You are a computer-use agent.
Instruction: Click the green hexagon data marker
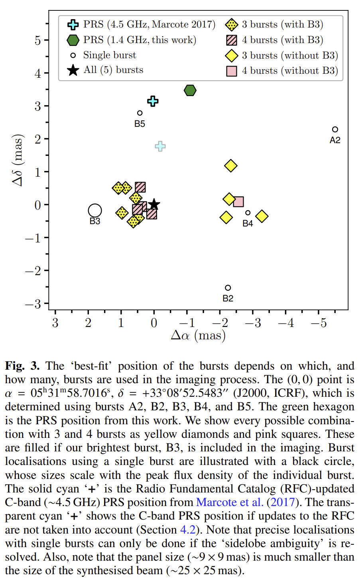click(x=190, y=91)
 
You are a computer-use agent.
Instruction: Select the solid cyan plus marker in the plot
click(x=153, y=101)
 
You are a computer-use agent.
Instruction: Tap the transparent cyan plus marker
click(x=160, y=146)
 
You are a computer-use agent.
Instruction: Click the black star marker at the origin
click(x=154, y=205)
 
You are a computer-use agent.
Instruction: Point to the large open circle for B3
click(x=95, y=210)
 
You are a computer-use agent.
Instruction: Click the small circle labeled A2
click(x=335, y=130)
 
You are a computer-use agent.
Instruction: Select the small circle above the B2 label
click(x=228, y=288)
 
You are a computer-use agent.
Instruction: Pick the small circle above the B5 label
click(x=140, y=113)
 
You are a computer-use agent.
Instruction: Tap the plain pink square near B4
click(x=238, y=202)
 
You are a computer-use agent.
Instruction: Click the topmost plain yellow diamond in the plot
click(x=231, y=165)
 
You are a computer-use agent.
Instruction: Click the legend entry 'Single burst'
click(x=109, y=55)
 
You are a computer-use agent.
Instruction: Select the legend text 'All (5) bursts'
click(x=113, y=70)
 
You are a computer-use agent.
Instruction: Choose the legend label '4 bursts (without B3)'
click(x=289, y=71)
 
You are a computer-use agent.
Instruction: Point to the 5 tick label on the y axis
click(x=38, y=40)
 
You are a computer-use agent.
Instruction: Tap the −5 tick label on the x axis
click(x=319, y=323)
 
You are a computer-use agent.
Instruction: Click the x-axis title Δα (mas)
click(x=198, y=336)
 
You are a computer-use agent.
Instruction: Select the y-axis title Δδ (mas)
click(x=18, y=160)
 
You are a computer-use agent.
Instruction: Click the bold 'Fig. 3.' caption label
click(x=22, y=366)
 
